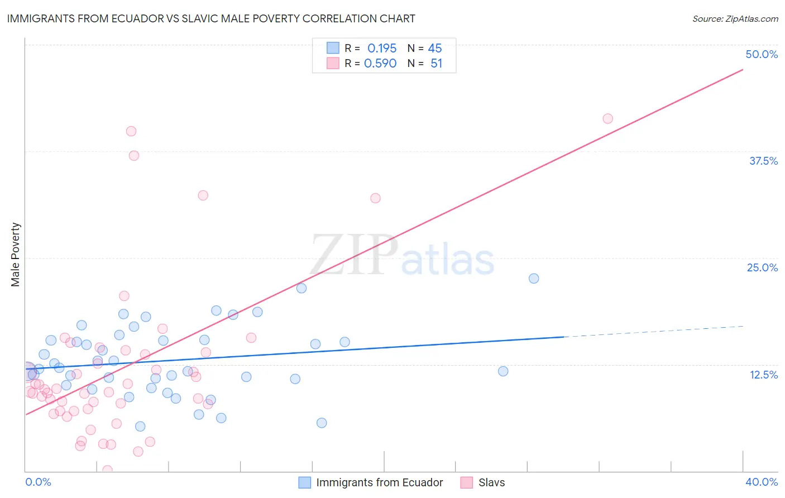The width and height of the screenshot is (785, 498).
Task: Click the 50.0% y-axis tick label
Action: point(762,54)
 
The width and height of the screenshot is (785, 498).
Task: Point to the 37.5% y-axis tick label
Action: point(763,161)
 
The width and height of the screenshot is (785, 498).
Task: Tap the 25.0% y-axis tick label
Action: point(762,267)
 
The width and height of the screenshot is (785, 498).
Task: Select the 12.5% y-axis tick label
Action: point(763,375)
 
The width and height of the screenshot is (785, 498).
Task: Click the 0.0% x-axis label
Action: point(38,482)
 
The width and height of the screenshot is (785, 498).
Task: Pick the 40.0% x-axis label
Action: point(761,482)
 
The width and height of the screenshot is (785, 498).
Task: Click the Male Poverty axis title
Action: point(16,255)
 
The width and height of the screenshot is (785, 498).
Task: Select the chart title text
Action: point(211,18)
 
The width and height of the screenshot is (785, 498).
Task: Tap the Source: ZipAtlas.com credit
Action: point(735,19)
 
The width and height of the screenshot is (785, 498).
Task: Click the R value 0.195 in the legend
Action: point(382,48)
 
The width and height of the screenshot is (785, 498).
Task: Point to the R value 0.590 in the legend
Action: point(380,64)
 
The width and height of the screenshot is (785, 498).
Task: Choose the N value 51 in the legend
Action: point(436,64)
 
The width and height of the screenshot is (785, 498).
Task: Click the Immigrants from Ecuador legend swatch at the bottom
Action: point(304,482)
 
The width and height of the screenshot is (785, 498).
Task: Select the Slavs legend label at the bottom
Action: point(491,482)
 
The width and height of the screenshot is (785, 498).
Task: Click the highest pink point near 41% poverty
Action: point(608,118)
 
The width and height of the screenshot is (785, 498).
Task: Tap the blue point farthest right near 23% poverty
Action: point(534,279)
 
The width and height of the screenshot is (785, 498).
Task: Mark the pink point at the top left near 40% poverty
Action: point(131,131)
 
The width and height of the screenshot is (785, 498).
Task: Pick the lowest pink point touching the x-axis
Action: point(108,470)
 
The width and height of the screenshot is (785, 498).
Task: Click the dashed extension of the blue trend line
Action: point(653,332)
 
